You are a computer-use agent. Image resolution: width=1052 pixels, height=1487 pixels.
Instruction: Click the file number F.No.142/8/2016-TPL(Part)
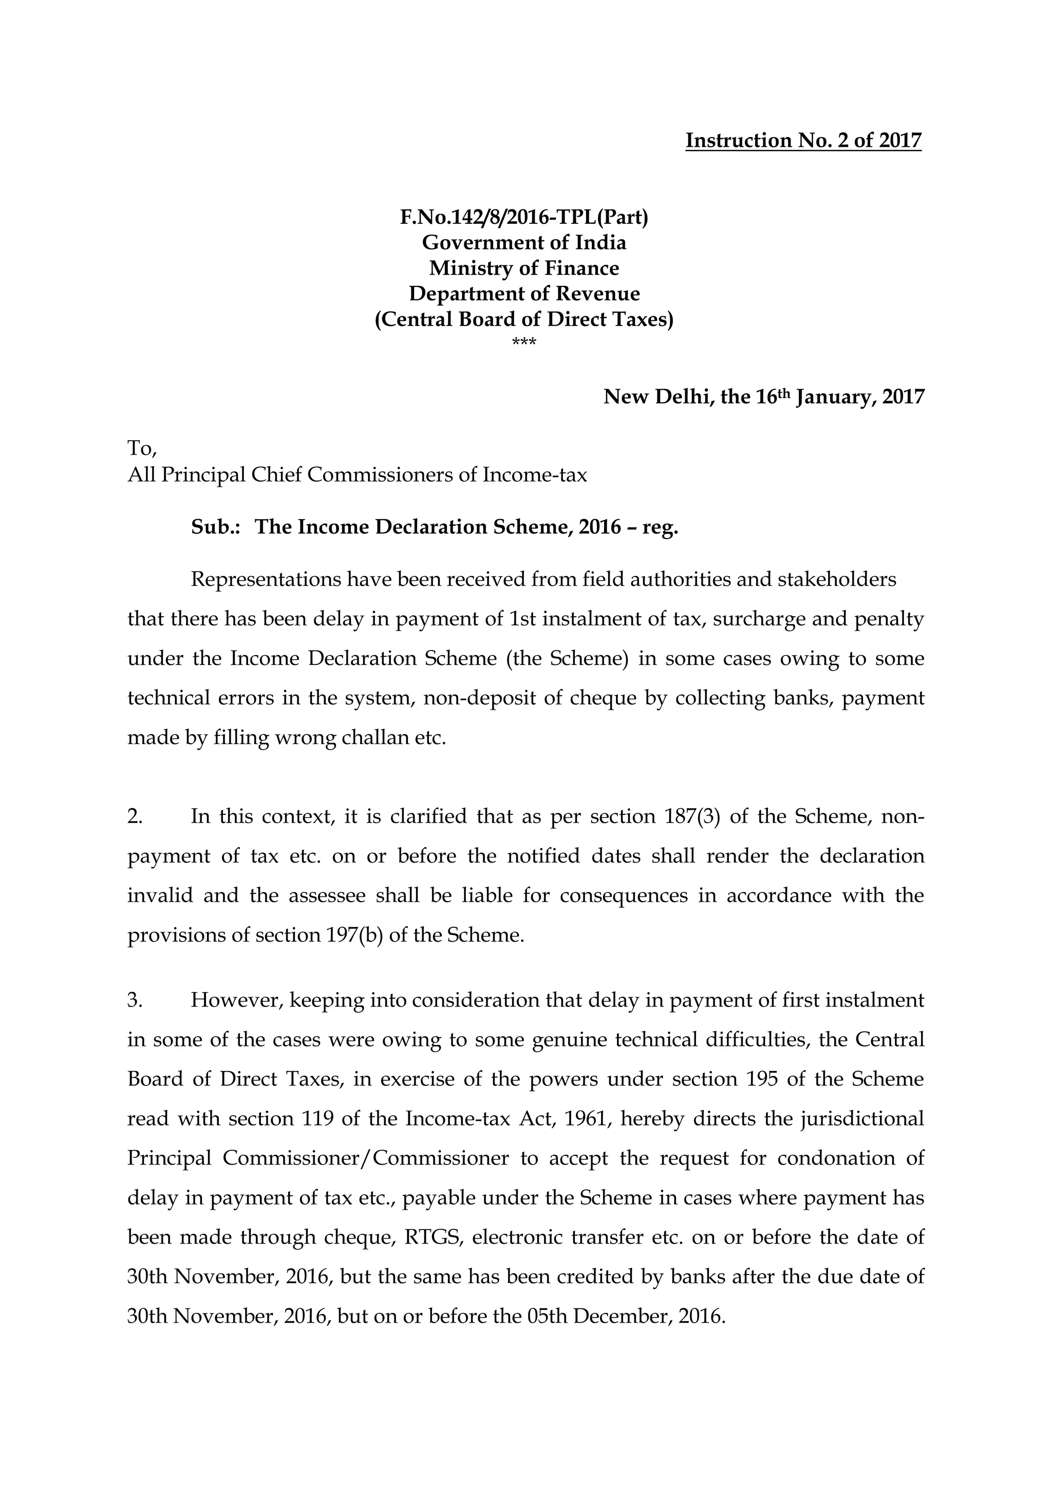[x=524, y=217]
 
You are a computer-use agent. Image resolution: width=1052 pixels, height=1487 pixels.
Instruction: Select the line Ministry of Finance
[x=524, y=268]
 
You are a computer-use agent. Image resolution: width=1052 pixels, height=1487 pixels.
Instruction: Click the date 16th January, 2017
[x=840, y=396]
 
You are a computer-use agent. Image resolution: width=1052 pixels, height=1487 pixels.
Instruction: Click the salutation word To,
[x=142, y=448]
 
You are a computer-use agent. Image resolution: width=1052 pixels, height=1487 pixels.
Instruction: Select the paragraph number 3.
[x=134, y=1001]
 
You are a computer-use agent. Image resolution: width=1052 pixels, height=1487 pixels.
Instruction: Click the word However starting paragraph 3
[x=236, y=1001]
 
